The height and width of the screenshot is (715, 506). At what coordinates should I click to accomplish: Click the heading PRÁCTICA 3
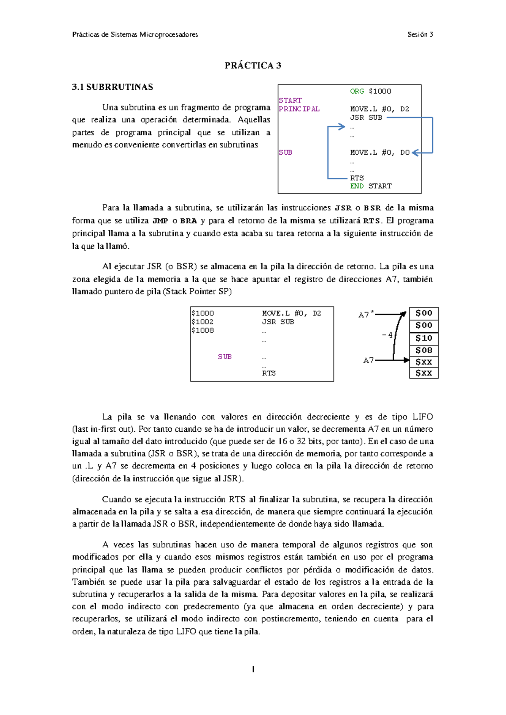click(x=253, y=65)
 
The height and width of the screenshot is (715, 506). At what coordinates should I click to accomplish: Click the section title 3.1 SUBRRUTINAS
click(x=113, y=87)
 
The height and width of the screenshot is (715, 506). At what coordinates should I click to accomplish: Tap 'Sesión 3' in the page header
click(x=420, y=35)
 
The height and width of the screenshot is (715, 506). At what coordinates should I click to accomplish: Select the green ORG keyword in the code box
click(x=357, y=91)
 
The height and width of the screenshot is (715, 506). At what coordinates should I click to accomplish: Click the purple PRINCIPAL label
click(x=299, y=109)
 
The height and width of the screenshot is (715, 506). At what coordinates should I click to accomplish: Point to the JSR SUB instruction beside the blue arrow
click(x=366, y=118)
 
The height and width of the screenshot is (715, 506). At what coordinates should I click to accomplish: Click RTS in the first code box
click(x=357, y=178)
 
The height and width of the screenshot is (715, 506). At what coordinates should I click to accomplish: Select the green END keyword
click(x=357, y=186)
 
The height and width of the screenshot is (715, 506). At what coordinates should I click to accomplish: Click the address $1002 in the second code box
click(x=202, y=322)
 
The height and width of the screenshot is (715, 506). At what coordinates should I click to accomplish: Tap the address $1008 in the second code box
click(x=202, y=331)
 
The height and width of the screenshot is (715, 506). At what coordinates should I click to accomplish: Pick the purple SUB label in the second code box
click(x=225, y=357)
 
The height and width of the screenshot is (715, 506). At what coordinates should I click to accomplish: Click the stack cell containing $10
click(x=424, y=338)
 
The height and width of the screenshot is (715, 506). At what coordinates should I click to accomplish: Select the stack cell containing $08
click(x=424, y=350)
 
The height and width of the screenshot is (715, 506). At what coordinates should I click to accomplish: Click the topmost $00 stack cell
click(x=424, y=313)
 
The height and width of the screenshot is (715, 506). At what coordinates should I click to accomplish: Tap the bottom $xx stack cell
click(x=424, y=373)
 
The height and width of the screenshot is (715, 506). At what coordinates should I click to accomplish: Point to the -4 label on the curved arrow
click(x=387, y=335)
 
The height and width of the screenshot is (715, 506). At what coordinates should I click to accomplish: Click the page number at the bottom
click(x=253, y=669)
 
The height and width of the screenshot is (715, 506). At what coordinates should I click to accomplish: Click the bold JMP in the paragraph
click(x=160, y=221)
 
